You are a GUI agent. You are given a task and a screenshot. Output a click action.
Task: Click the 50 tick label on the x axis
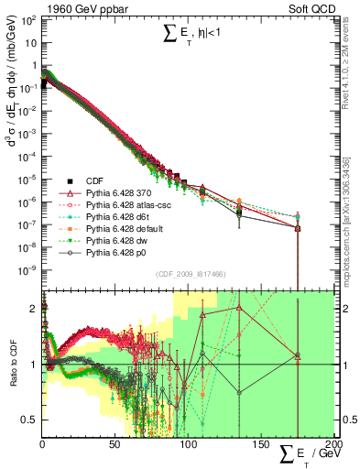[115, 444]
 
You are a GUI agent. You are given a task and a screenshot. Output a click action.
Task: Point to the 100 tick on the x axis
[188, 444]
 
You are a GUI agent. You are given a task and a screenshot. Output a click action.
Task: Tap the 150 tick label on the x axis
[260, 444]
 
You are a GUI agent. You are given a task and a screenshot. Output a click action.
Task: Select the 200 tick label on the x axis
[332, 444]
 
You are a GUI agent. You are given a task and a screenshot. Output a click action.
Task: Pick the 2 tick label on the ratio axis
[34, 309]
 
